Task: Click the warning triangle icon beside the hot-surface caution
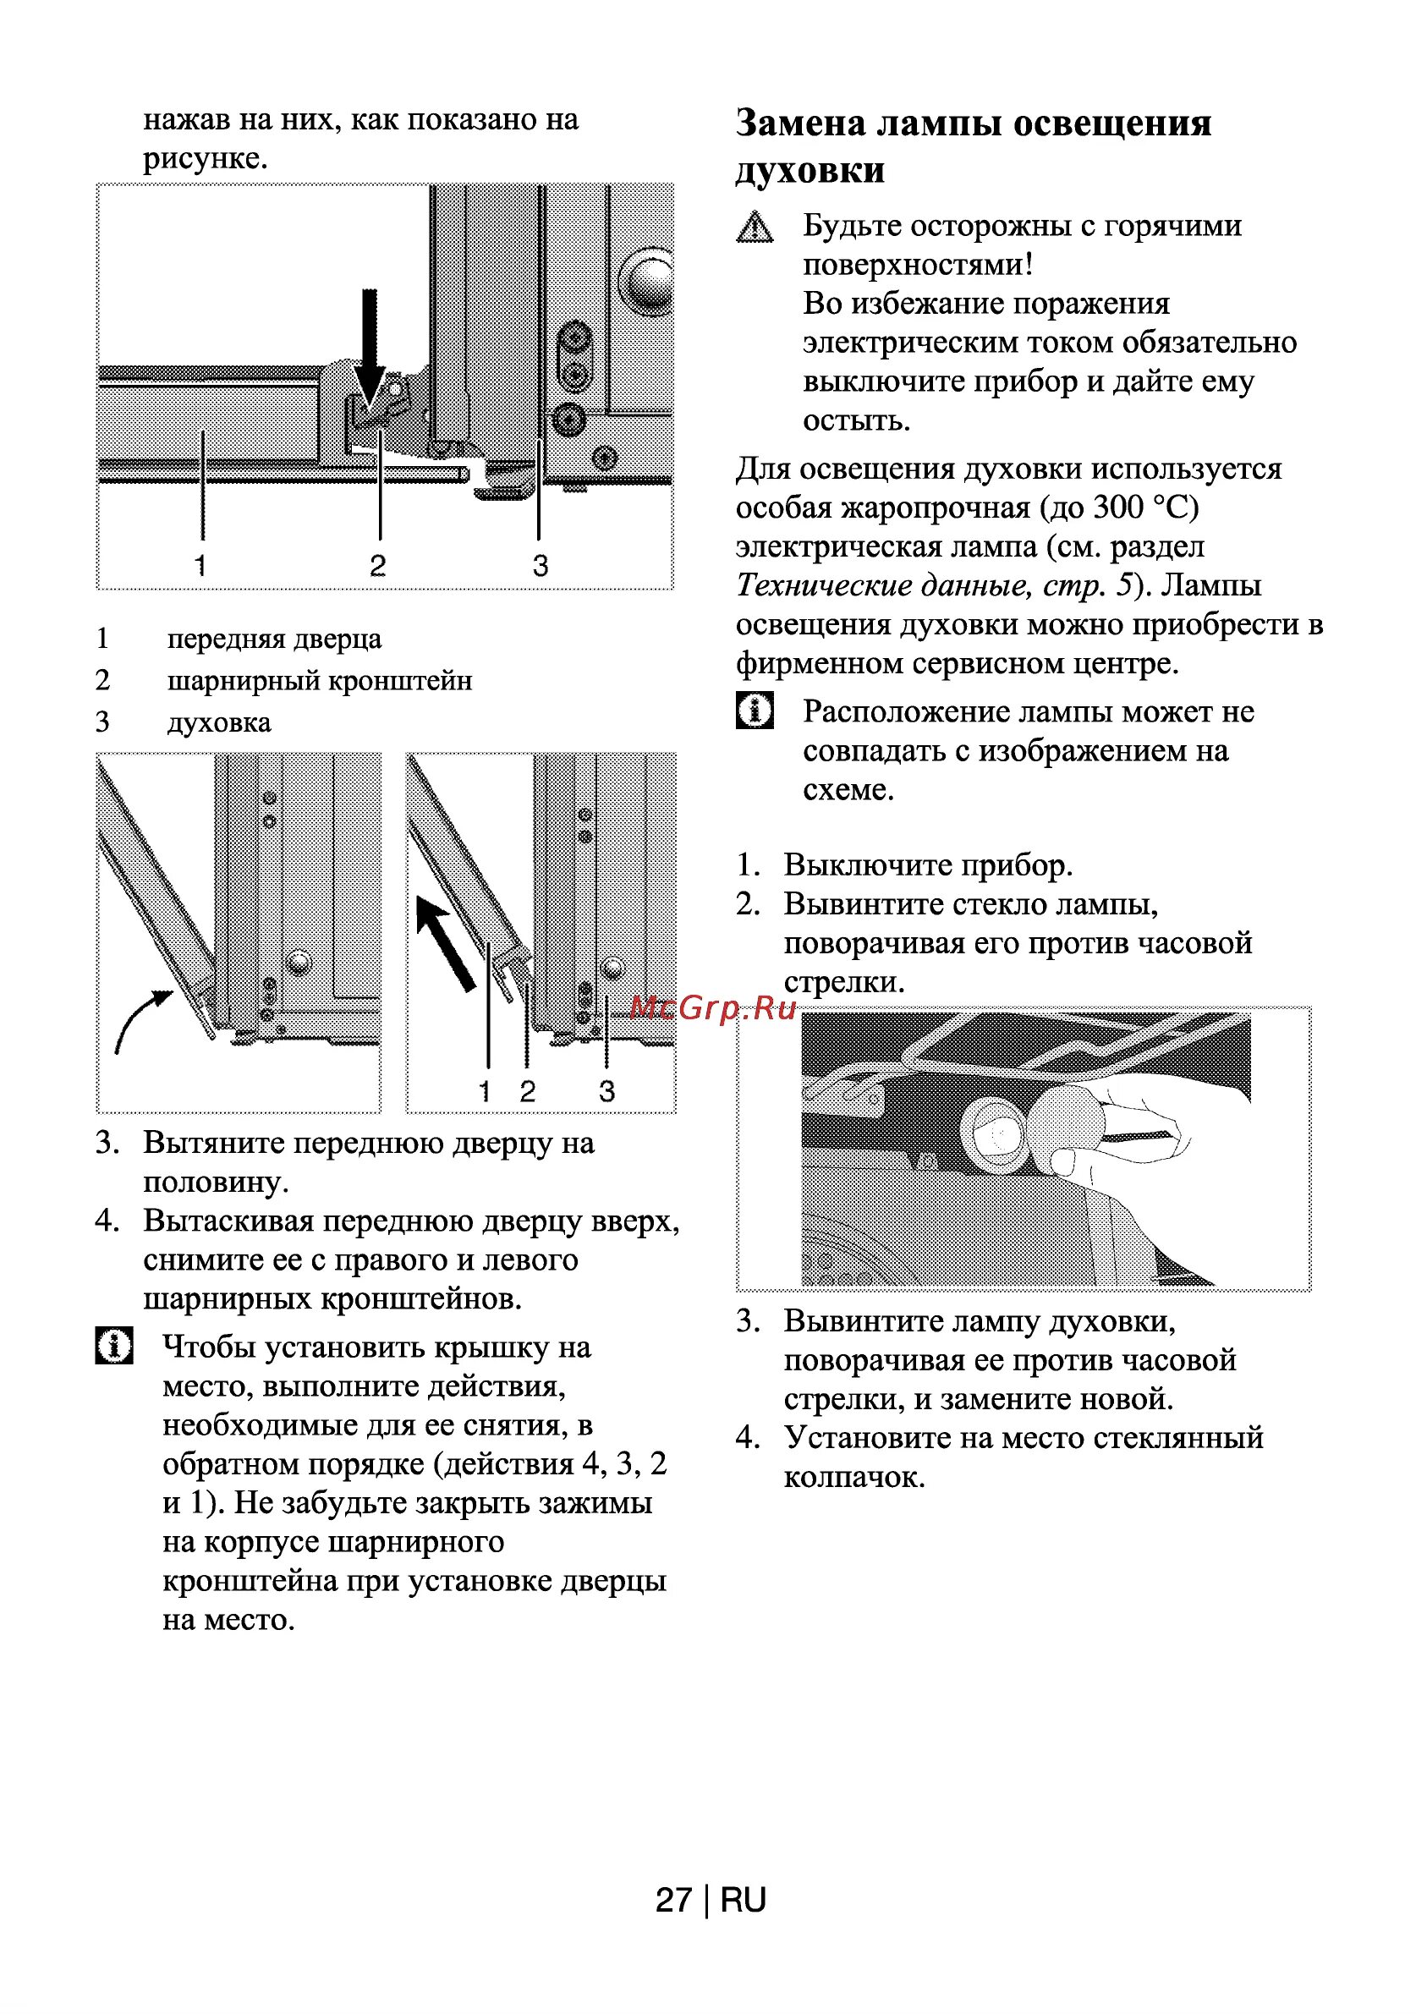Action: [754, 228]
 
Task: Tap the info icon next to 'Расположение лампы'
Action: [754, 710]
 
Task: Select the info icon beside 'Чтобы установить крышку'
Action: [114, 1346]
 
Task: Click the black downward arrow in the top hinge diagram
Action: [370, 347]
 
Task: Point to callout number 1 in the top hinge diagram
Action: [201, 565]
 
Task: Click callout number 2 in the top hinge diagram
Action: [377, 565]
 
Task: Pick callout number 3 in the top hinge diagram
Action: [541, 565]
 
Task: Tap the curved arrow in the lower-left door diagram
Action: [140, 1018]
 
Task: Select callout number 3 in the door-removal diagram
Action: [606, 1091]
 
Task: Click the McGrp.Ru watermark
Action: [712, 1009]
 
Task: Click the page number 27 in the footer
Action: [673, 1900]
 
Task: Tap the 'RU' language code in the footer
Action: [743, 1900]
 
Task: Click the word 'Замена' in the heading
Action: [799, 123]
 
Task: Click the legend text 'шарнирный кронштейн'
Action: [320, 681]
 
